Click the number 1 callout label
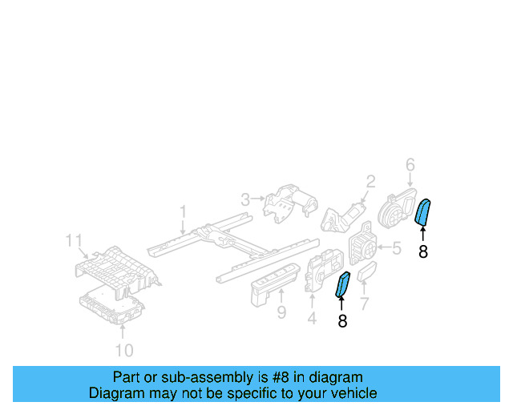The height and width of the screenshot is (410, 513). pyautogui.click(x=183, y=212)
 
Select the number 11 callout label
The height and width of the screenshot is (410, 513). pyautogui.click(x=74, y=240)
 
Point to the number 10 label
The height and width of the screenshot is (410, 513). pyautogui.click(x=124, y=350)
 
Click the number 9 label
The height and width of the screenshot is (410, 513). pyautogui.click(x=281, y=312)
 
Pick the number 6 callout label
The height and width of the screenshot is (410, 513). pyautogui.click(x=410, y=165)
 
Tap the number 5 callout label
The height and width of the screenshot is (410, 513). pyautogui.click(x=396, y=249)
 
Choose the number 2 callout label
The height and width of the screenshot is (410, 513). pyautogui.click(x=370, y=181)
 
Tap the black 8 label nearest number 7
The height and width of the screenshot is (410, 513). pyautogui.click(x=342, y=321)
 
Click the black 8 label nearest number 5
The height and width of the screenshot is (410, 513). pyautogui.click(x=423, y=251)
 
